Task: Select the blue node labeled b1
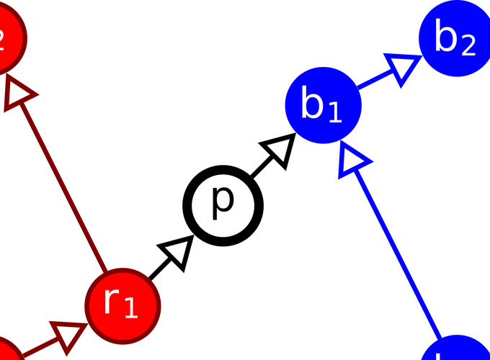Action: (323, 105)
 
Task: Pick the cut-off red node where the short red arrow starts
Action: (6, 351)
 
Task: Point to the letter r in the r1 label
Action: (110, 301)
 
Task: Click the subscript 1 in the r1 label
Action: (130, 308)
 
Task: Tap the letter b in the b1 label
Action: (313, 105)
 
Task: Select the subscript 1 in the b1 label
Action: (334, 112)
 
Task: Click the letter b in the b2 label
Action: (446, 37)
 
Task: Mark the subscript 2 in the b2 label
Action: (468, 45)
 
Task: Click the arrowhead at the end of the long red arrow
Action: (17, 94)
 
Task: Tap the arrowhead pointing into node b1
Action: (352, 159)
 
